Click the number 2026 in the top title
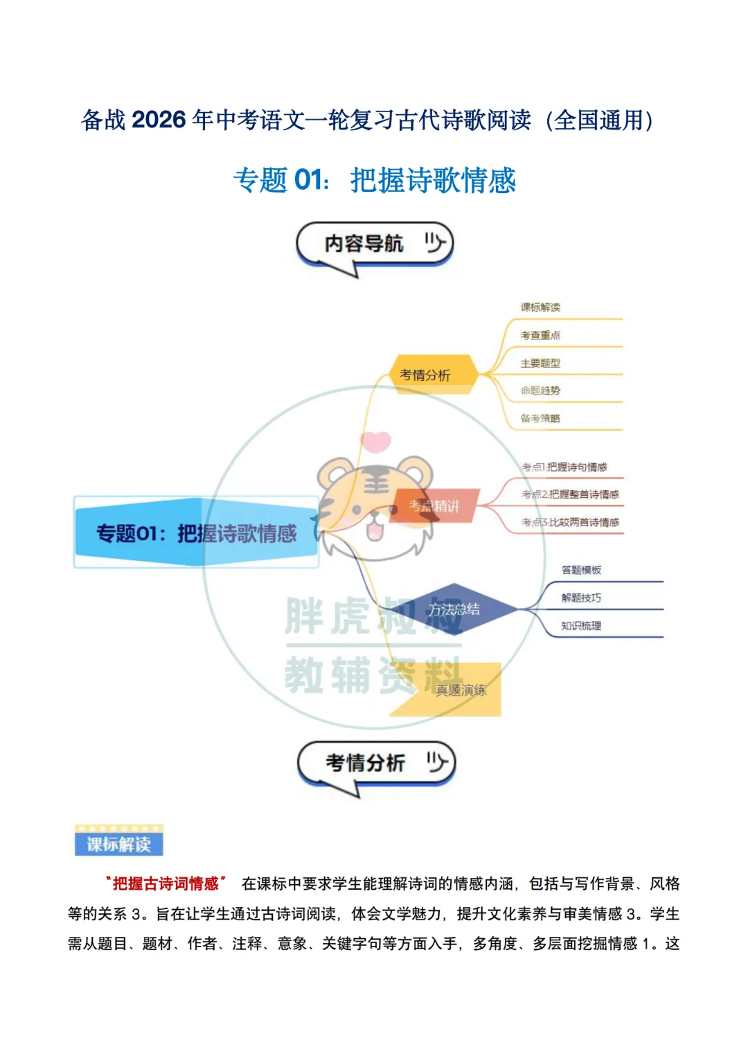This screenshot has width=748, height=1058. pos(159,120)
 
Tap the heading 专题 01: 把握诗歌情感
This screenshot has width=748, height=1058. pos(375,180)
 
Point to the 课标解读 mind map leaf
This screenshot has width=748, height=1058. pos(540,307)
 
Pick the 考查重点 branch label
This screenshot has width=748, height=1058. pos(540,335)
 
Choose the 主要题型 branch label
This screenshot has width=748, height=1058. pos(540,363)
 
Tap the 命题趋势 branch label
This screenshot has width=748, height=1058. pos(540,391)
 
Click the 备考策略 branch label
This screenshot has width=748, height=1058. pos(540,418)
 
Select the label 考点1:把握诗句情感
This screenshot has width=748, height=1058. pos(564,467)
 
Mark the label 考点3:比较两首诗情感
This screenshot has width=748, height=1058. pos(570,522)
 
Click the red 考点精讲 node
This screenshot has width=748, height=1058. pos(435,506)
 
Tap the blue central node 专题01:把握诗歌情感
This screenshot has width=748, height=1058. pos(196,532)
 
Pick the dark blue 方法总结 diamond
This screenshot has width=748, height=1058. pos(454,609)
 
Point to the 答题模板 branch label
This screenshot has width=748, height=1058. pos(581,570)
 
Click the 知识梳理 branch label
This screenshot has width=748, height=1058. pos(581,626)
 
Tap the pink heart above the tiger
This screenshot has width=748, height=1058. pos(376,440)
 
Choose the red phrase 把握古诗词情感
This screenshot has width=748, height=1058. pos(166,884)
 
